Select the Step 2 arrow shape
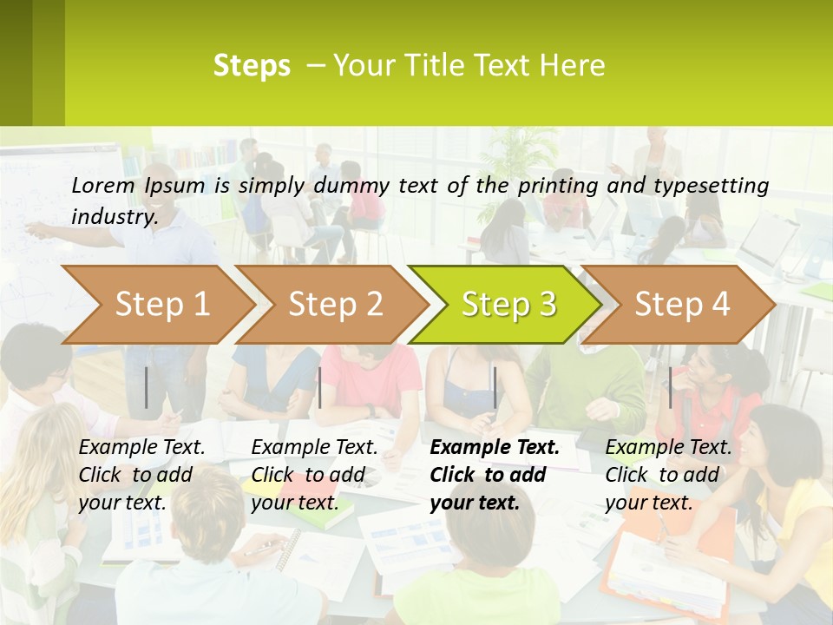click(335, 305)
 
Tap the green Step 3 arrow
click(508, 305)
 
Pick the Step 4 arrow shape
click(682, 305)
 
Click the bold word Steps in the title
click(252, 66)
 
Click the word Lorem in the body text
click(102, 186)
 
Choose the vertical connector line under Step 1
click(147, 387)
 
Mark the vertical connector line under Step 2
click(320, 387)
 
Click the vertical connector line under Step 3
click(495, 387)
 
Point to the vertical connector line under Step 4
click(670, 387)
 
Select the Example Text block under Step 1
click(141, 475)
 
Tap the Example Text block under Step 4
click(668, 475)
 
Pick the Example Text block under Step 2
click(314, 475)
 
